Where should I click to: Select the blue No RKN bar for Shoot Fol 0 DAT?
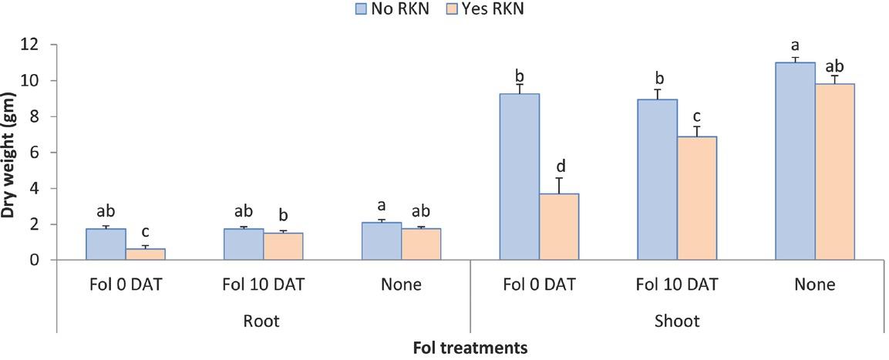pos(519,177)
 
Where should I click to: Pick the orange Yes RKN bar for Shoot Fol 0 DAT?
pos(559,227)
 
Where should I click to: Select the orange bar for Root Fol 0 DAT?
pos(146,254)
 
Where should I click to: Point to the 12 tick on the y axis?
pos(29,45)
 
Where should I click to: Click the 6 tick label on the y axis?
pos(33,153)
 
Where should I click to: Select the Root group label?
pos(263,321)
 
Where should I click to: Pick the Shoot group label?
pos(676,321)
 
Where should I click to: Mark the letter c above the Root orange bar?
pos(146,232)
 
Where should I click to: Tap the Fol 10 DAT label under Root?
pos(263,284)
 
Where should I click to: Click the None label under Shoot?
pos(815,284)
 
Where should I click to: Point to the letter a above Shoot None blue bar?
pos(795,45)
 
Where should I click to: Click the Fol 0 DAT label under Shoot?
pos(539,284)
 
